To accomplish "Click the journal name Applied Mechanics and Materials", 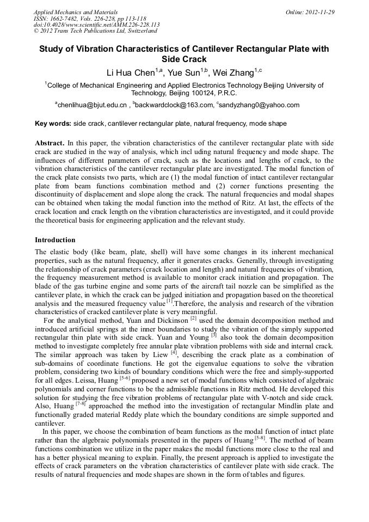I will (x=69, y=12).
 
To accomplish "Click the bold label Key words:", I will (x=53, y=124).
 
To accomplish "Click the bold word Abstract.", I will (x=50, y=142).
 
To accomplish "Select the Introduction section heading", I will (x=55, y=239).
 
